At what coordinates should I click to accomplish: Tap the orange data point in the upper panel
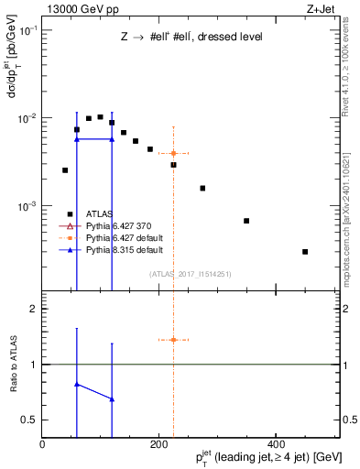point(173,153)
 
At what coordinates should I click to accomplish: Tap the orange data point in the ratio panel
point(173,340)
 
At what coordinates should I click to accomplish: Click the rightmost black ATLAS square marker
point(305,251)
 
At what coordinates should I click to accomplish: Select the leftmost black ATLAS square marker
point(65,170)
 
